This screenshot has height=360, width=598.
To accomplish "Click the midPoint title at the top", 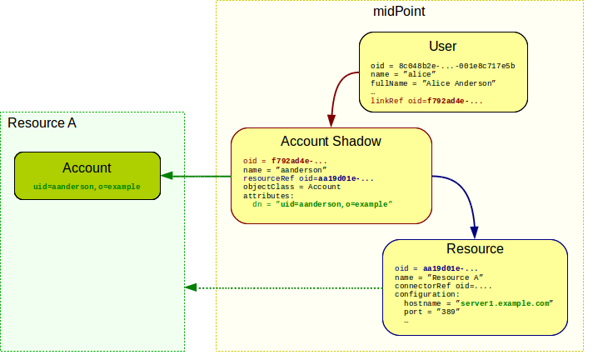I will click(401, 13).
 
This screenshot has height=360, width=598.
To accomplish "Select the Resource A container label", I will click(42, 123).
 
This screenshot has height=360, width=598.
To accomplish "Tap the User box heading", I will click(442, 47).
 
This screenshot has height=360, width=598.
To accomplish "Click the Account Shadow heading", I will click(331, 142).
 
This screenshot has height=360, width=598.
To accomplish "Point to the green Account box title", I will click(87, 167).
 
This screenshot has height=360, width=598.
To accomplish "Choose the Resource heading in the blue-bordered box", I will click(475, 249).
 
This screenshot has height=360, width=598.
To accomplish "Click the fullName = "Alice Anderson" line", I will click(433, 83).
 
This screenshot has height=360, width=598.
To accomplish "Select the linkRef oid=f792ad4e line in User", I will click(426, 101).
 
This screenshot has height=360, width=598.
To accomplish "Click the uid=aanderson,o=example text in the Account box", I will click(87, 187).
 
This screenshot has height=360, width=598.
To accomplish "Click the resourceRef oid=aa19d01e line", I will click(308, 178).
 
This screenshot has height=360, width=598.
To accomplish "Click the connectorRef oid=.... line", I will click(438, 286).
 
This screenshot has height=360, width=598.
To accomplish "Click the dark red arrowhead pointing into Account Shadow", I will click(331, 117).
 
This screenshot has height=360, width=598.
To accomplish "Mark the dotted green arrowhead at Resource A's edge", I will click(191, 288).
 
